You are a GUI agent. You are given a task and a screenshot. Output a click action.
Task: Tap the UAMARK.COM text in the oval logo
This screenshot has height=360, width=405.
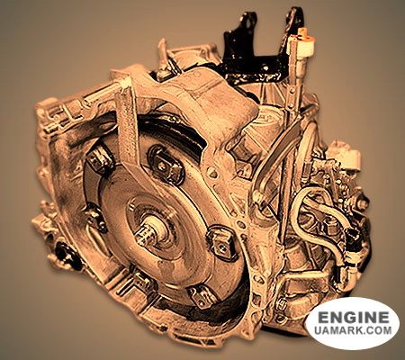click(353, 330)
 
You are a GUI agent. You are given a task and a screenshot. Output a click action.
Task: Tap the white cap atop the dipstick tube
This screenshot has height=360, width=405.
click(302, 46)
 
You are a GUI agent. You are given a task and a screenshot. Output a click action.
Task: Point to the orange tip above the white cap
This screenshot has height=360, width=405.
click(303, 32)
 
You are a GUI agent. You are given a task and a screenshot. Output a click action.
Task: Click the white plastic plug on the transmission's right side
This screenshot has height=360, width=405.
click(344, 155)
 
